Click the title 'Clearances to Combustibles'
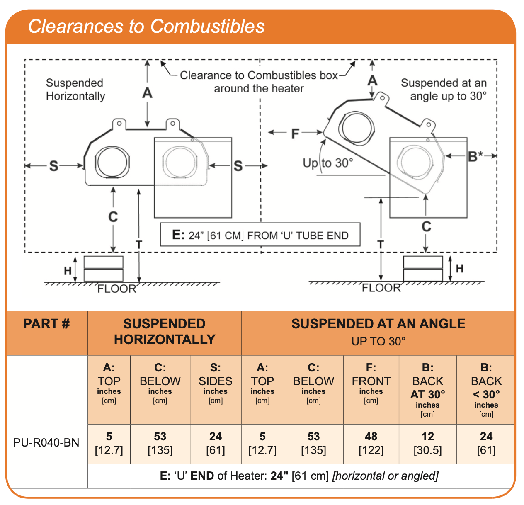tap(146, 26)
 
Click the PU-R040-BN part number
tap(46, 443)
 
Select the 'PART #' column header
tap(46, 324)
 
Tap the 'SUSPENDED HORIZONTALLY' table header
tap(165, 332)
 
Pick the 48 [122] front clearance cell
tap(371, 443)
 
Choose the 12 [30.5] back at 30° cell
tap(427, 443)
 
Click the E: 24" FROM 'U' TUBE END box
tap(260, 235)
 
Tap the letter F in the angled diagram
tap(295, 134)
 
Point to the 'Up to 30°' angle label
tap(328, 163)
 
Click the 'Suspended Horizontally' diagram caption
tap(75, 90)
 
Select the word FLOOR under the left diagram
tap(116, 289)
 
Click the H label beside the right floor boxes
tap(459, 269)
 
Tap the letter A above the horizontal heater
tap(147, 93)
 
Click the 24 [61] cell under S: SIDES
tap(215, 443)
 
